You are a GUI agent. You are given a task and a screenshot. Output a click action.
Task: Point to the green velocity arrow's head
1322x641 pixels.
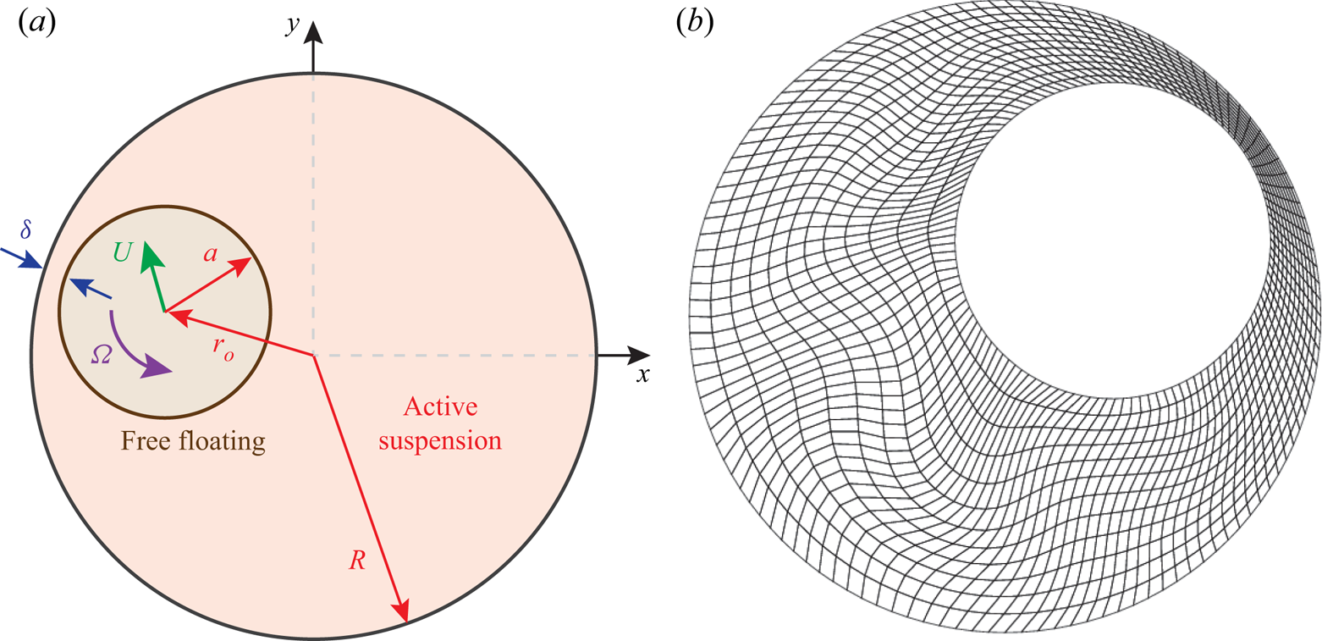click(150, 251)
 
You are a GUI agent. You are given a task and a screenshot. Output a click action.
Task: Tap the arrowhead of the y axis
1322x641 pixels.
click(314, 32)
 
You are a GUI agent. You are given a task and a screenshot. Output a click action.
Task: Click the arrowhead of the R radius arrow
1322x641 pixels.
click(403, 611)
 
